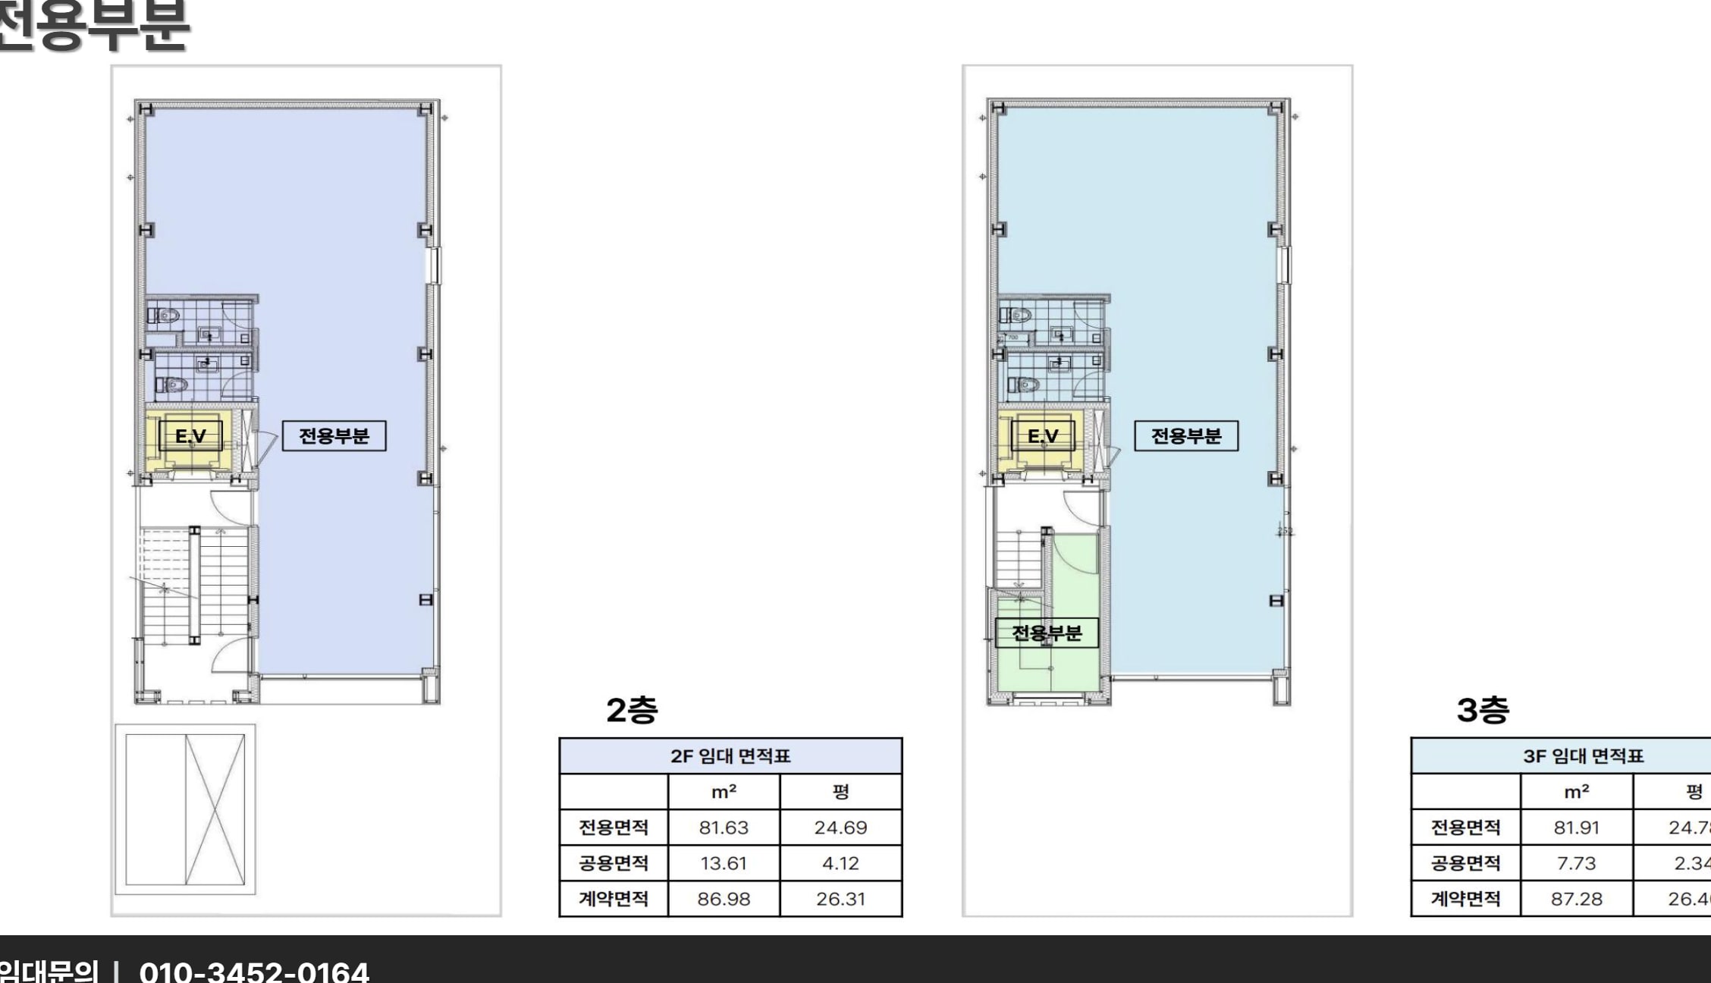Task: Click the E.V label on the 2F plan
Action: tap(190, 436)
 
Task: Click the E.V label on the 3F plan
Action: tap(1043, 436)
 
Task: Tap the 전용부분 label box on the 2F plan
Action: tap(334, 436)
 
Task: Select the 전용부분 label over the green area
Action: tap(1047, 633)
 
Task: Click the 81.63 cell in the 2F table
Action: tap(724, 828)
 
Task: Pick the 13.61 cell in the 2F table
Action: tap(724, 863)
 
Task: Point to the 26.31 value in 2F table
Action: tap(840, 899)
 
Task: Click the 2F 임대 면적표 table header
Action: tap(730, 756)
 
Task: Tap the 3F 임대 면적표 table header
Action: tap(1583, 756)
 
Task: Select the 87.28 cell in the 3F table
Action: tap(1576, 899)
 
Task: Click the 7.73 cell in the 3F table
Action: tap(1576, 863)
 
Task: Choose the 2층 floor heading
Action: tap(632, 710)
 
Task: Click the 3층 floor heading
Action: tap(1483, 710)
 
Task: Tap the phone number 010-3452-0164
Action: tap(254, 971)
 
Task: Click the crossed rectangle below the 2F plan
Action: tap(185, 809)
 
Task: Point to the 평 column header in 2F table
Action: tap(840, 792)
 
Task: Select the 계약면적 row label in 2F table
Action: tap(614, 899)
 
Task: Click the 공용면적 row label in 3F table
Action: tap(1465, 863)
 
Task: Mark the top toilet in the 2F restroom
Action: tap(168, 314)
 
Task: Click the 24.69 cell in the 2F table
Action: tap(840, 828)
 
